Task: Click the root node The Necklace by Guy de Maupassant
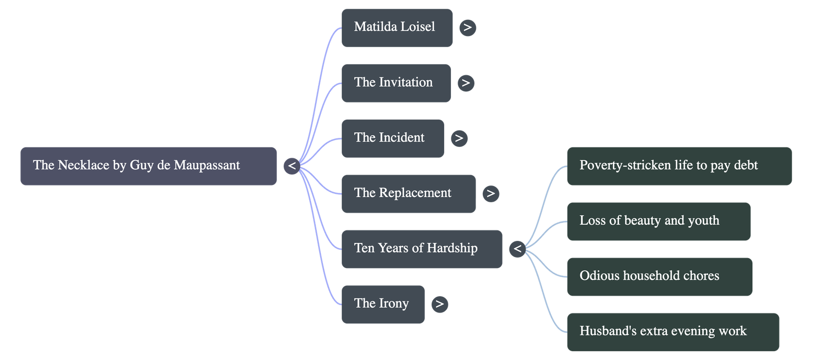[x=148, y=166]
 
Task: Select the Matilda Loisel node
[x=397, y=28]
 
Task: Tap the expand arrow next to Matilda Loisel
[x=468, y=28]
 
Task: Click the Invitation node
[x=396, y=83]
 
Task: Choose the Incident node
[x=393, y=138]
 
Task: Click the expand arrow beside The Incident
[x=459, y=138]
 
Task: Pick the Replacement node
[x=409, y=194]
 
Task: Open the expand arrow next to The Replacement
[x=491, y=194]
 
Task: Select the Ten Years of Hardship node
[x=422, y=249]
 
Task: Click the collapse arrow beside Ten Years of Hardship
[x=517, y=249]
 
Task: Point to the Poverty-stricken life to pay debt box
[x=679, y=166]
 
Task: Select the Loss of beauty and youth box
[x=658, y=222]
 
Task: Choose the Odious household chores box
[x=659, y=277]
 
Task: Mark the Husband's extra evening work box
[x=672, y=332]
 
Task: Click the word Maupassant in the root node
[x=207, y=166]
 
